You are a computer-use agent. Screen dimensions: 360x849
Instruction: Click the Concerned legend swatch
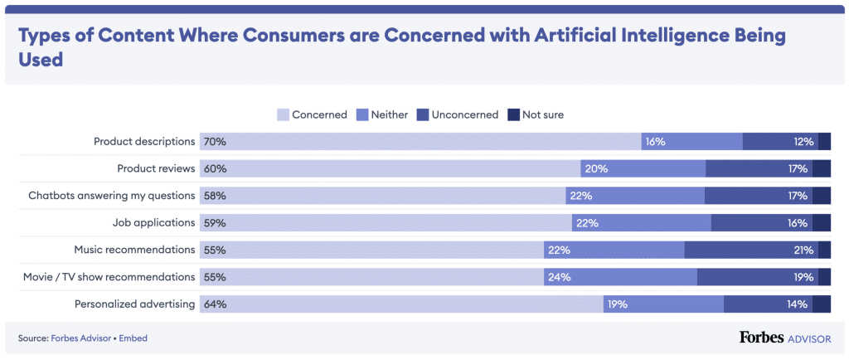pyautogui.click(x=284, y=114)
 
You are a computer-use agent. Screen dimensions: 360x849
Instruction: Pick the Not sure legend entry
pyautogui.click(x=542, y=114)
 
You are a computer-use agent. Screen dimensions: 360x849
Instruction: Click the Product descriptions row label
pyautogui.click(x=144, y=142)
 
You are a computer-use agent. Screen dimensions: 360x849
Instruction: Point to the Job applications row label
pyautogui.click(x=153, y=222)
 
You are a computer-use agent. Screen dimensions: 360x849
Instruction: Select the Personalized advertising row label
pyautogui.click(x=135, y=304)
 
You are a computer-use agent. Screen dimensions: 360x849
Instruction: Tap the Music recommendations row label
pyautogui.click(x=134, y=250)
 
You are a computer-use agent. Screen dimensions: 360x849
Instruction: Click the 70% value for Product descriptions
pyautogui.click(x=215, y=142)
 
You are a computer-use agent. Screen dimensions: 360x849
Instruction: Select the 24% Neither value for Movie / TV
pyautogui.click(x=559, y=277)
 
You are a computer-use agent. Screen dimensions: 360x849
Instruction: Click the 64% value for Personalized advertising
pyautogui.click(x=215, y=304)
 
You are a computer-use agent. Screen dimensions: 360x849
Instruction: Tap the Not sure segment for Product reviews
pyautogui.click(x=821, y=168)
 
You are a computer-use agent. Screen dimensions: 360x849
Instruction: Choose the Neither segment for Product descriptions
pyautogui.click(x=691, y=142)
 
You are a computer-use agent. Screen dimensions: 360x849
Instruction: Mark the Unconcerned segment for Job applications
pyautogui.click(x=761, y=222)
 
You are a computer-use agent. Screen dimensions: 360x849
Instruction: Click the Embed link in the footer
pyautogui.click(x=134, y=338)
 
